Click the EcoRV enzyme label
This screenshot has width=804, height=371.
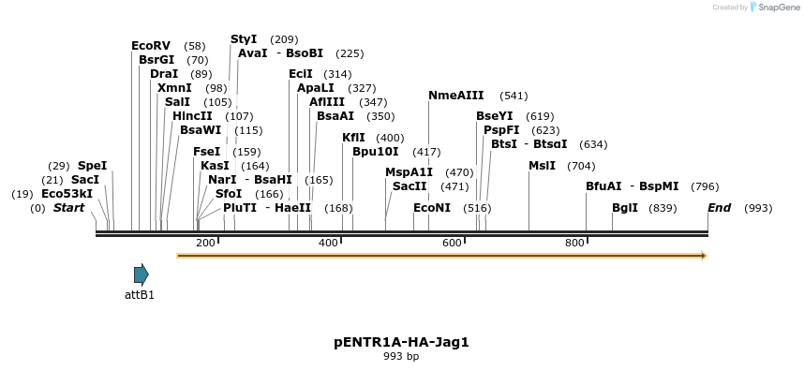click(151, 46)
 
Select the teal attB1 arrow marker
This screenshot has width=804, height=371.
click(141, 275)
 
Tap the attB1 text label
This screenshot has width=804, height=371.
click(140, 294)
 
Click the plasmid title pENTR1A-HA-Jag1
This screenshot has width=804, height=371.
click(401, 342)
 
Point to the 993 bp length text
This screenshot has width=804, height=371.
click(401, 357)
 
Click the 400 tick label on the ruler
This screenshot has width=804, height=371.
click(328, 244)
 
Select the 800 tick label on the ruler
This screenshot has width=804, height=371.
click(574, 244)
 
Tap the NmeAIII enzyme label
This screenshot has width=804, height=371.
click(456, 96)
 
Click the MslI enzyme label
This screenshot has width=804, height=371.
click(542, 166)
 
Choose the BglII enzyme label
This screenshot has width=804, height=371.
click(625, 208)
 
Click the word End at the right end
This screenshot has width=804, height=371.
click(720, 208)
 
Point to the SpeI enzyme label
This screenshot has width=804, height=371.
click(93, 166)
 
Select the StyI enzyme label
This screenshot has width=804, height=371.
click(244, 39)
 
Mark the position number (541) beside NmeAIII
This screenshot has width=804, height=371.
click(514, 96)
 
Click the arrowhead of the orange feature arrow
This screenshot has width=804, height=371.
click(702, 255)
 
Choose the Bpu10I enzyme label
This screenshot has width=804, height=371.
click(376, 152)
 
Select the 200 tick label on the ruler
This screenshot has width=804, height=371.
click(205, 244)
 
